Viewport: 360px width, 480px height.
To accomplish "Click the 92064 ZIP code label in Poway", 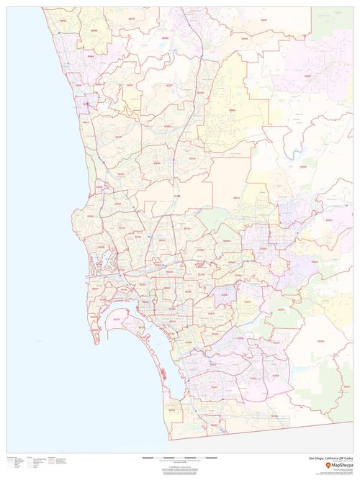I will tap(232, 110).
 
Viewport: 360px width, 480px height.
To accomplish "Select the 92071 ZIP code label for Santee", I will tap(237, 197).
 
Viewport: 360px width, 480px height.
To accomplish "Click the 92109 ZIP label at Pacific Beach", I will tap(96, 252).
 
